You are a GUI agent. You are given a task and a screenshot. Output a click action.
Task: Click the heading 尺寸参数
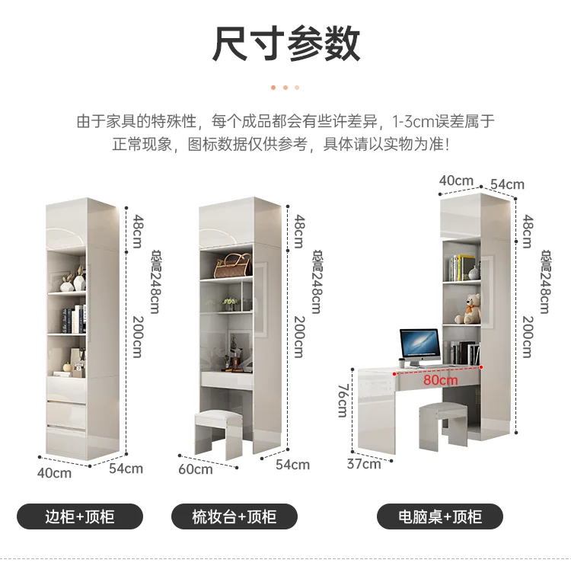[x=285, y=43]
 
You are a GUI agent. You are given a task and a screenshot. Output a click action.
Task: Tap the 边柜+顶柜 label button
[x=80, y=517]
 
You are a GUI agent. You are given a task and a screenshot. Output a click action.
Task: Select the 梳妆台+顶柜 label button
[x=234, y=517]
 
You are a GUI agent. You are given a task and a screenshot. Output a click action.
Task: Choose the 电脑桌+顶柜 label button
[x=440, y=517]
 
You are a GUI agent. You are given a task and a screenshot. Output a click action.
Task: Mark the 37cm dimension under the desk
[x=364, y=463]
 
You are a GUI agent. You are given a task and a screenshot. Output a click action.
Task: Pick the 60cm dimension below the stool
[x=196, y=469]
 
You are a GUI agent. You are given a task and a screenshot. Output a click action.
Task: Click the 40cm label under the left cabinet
[x=54, y=473]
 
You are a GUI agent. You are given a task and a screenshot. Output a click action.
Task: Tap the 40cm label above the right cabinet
[x=456, y=181]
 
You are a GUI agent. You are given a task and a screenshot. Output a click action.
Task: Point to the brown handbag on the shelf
[x=232, y=266]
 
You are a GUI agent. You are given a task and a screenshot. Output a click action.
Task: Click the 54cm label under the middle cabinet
[x=292, y=464]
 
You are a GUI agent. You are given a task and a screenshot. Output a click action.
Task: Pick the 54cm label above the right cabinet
[x=507, y=184]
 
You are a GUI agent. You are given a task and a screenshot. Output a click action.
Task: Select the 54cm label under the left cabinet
[x=126, y=468]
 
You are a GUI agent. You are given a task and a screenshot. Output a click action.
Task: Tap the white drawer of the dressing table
[x=229, y=379]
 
